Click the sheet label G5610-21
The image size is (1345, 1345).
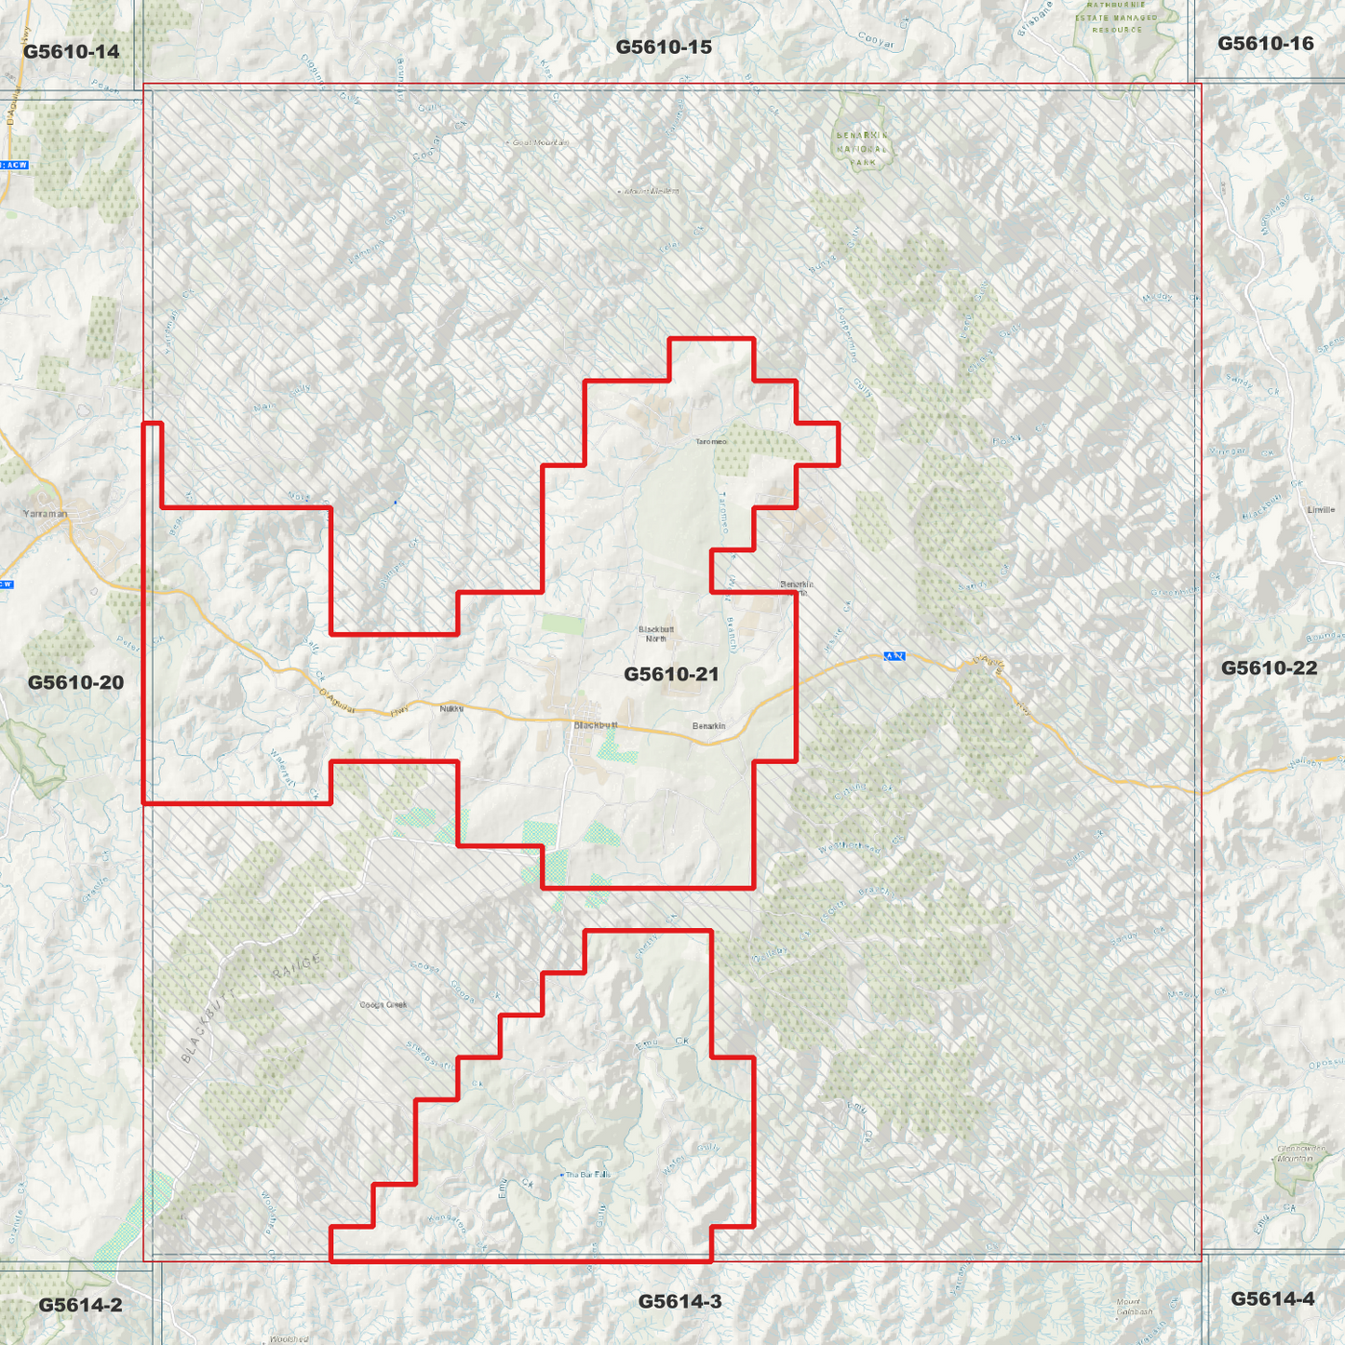671,674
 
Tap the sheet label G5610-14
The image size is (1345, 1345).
72,51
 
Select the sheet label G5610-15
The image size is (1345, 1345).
664,47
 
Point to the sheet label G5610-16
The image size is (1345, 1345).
1265,43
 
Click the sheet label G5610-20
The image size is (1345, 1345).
75,682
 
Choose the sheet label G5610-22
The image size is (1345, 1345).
1269,667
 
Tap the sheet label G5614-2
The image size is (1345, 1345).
80,1305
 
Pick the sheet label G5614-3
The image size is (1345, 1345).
679,1301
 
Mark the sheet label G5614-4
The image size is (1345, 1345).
1272,1298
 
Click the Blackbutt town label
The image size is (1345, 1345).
596,725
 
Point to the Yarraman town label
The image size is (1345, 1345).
46,513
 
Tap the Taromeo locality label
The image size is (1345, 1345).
711,441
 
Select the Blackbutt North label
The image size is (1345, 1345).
656,634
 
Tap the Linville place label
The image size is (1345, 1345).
1321,510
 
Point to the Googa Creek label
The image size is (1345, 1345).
383,1004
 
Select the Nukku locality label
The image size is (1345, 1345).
451,709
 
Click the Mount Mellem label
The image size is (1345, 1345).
651,191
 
